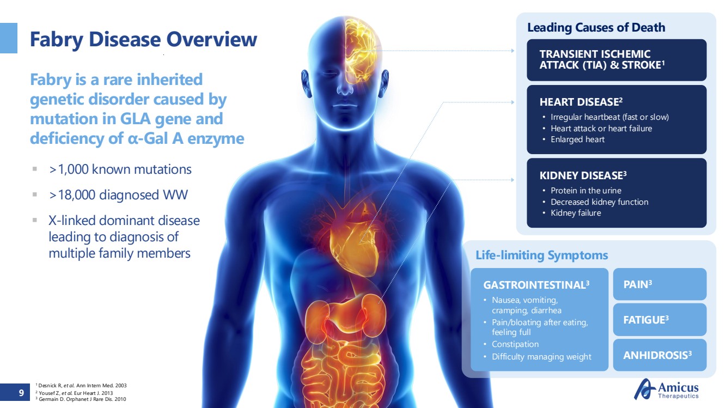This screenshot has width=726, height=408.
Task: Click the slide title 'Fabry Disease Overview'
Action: [143, 40]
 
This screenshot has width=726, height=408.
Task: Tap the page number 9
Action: [21, 393]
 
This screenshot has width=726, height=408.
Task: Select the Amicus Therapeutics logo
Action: [667, 389]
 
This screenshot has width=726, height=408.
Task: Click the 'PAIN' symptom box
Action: [660, 284]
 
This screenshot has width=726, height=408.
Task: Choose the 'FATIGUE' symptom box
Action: [660, 320]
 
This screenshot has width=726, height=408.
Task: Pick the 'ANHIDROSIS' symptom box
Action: [660, 355]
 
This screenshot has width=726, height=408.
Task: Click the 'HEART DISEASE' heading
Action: [581, 102]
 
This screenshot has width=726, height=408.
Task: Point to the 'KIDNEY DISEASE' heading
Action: [583, 175]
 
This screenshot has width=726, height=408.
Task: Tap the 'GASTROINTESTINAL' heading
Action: [536, 285]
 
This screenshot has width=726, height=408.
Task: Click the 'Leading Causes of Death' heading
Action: [596, 28]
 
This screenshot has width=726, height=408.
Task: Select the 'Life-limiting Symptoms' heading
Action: [541, 255]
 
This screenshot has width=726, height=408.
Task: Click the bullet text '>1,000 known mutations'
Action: [120, 169]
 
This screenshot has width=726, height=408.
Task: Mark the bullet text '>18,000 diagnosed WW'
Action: [118, 195]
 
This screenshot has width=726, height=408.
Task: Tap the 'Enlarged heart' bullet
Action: [577, 139]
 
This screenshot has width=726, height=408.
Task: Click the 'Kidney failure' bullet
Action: [576, 213]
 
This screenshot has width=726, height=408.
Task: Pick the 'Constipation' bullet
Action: [515, 344]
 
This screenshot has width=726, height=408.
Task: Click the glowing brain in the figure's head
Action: [361, 52]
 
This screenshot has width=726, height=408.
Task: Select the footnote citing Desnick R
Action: [81, 386]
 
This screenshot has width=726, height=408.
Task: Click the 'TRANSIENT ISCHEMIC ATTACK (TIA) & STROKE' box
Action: [617, 60]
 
